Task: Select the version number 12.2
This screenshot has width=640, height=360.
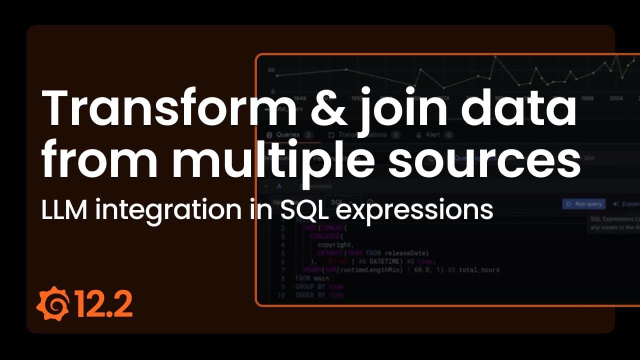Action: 103,303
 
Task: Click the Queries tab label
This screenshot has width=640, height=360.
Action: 287,134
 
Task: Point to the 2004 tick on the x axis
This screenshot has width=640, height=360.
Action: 615,98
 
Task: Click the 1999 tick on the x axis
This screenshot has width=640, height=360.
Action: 587,98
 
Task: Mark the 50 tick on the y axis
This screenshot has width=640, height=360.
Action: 271,70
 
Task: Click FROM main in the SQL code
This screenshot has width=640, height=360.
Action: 312,278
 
